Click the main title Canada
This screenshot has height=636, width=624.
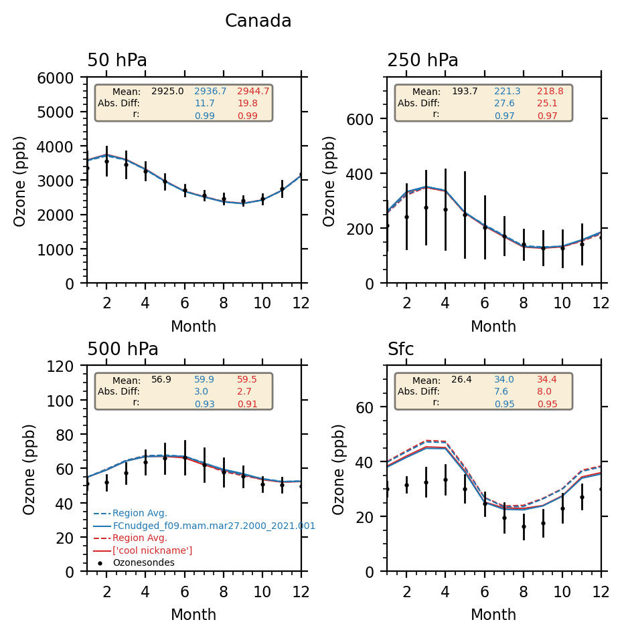point(258,21)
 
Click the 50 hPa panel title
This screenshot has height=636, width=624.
point(117,61)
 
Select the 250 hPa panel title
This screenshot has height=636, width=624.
point(422,61)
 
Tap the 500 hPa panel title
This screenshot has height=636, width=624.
point(123,350)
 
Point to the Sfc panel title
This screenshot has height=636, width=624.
point(400,350)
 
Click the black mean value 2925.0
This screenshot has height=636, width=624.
point(167,91)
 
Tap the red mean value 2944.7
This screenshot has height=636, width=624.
point(253,91)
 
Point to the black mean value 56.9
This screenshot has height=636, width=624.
point(161,379)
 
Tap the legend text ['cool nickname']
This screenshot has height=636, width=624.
point(152,550)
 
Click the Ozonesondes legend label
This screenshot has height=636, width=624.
point(143,562)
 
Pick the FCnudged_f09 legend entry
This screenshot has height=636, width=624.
point(214,526)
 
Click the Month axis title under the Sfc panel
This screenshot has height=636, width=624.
point(493,615)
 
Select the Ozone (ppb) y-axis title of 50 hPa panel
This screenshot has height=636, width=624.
point(21,181)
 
